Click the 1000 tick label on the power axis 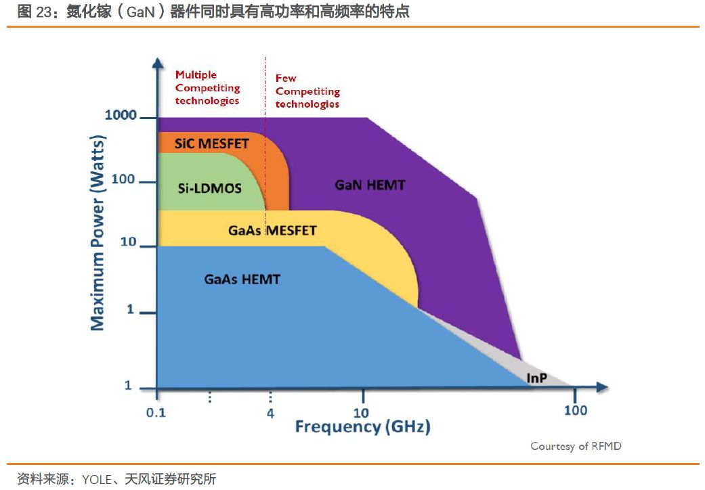(x=121, y=116)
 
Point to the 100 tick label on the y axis (x=123, y=180)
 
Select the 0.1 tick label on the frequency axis (x=156, y=412)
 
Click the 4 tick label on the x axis (x=270, y=413)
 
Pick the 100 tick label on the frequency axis (x=576, y=410)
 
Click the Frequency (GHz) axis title (x=362, y=427)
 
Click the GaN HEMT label (x=370, y=184)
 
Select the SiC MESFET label (x=211, y=143)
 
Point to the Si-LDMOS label (x=210, y=188)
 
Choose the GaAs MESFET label (x=272, y=231)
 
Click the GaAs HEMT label (x=242, y=279)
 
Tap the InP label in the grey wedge (x=537, y=377)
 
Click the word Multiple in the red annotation (x=196, y=75)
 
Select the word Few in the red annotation (x=286, y=79)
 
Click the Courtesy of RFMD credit (x=576, y=446)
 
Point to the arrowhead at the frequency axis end (x=601, y=388)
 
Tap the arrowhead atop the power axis (x=157, y=63)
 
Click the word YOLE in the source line (x=97, y=480)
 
